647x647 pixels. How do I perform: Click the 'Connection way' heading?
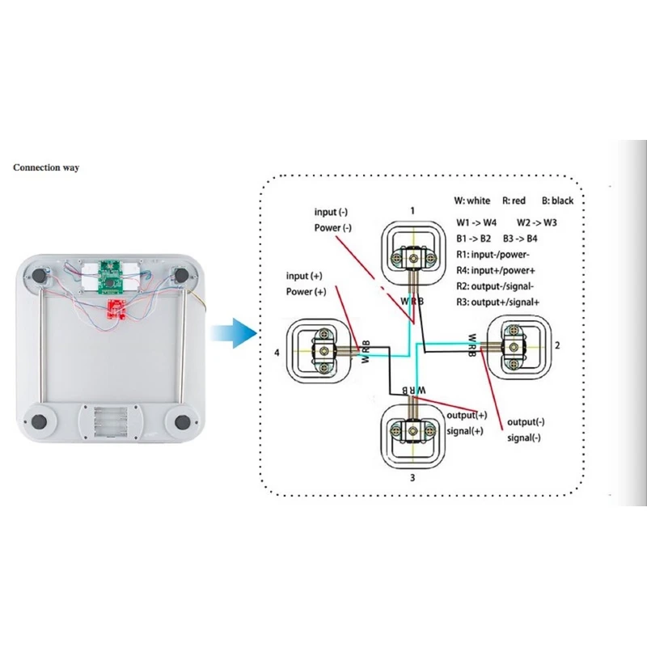45,167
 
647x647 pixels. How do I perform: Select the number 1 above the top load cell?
412,211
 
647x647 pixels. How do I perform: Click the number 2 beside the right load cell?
557,345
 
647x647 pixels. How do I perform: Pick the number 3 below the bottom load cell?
412,478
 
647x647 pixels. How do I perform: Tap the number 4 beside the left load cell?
277,353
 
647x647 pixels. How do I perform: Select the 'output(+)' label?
467,415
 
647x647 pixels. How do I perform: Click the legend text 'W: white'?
472,201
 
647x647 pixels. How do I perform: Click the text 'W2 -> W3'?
538,221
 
